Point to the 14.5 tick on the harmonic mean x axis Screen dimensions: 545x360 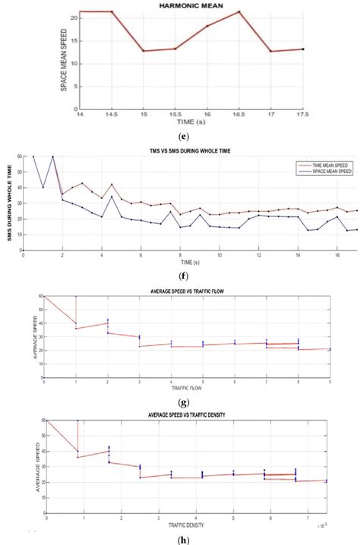112,114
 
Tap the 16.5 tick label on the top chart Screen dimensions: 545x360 238,114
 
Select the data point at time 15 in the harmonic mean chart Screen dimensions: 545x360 143,51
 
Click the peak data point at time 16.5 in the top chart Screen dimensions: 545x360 238,11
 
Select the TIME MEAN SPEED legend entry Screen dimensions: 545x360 324,162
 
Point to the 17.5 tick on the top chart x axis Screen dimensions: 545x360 302,114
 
